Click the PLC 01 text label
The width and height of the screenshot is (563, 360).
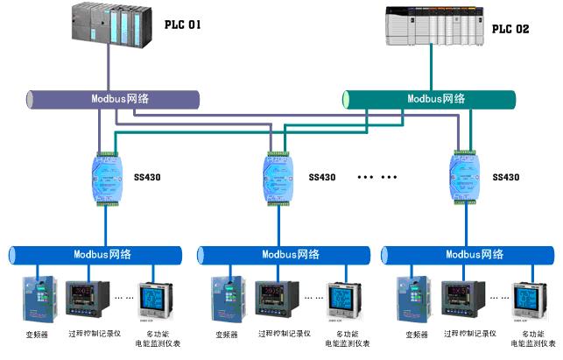183,25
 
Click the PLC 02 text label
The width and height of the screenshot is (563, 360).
510,29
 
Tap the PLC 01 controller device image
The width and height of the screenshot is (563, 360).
109,23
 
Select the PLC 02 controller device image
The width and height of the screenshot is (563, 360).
432,25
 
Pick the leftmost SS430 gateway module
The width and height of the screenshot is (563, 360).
107,177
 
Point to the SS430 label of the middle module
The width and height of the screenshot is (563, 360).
322,177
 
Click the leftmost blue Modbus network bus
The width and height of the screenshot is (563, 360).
97,255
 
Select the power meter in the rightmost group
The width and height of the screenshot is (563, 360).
528,300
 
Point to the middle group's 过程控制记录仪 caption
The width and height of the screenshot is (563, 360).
279,334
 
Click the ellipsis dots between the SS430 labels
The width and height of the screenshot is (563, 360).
377,178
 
